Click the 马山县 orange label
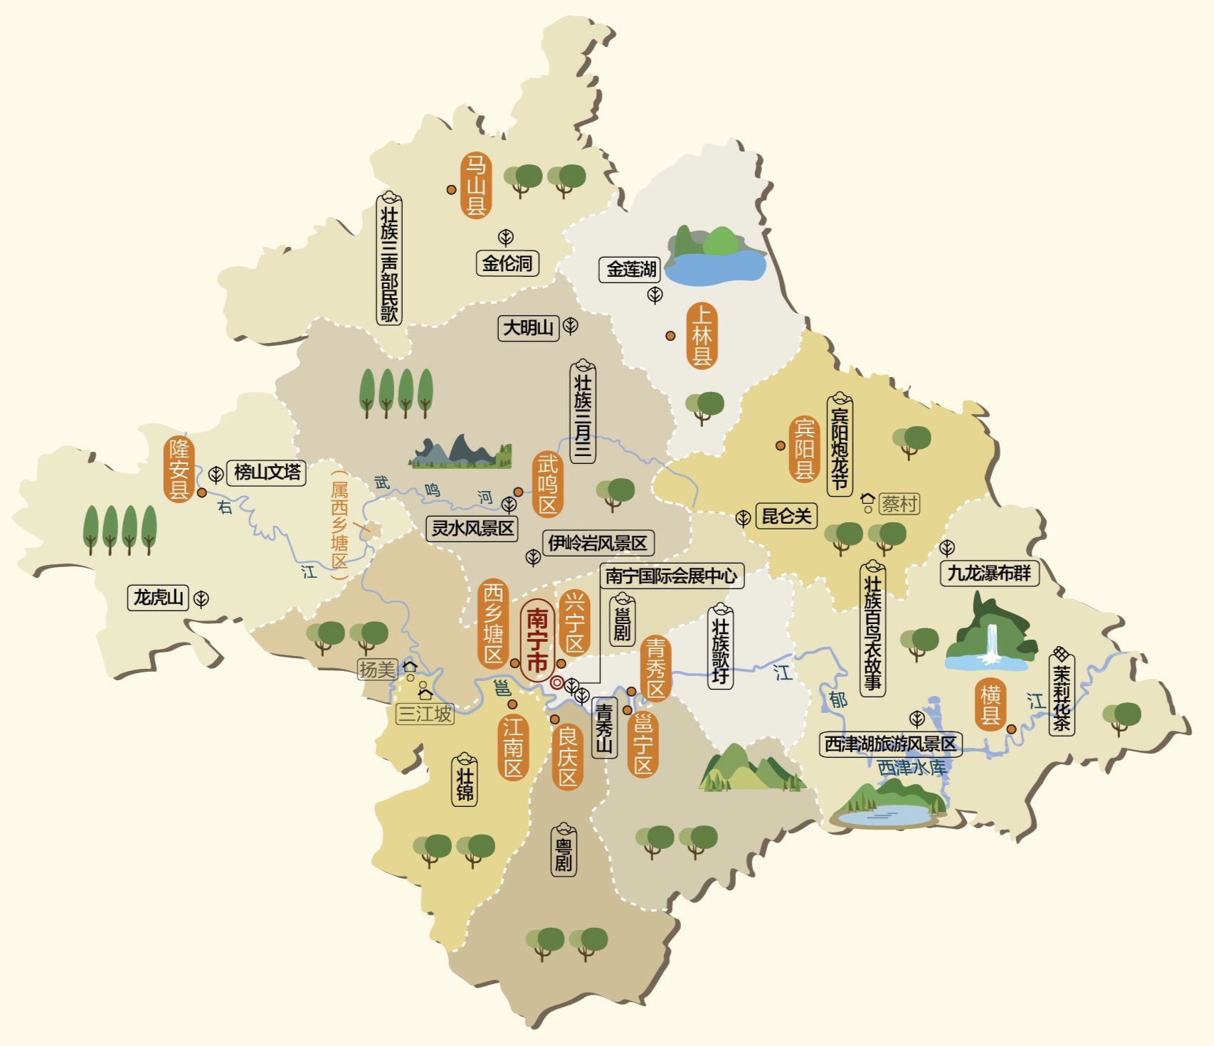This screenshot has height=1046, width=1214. pos(475,185)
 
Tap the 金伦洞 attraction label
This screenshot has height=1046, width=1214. pos(507,263)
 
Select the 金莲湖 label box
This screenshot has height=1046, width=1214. pos(630,270)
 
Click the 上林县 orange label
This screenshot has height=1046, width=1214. pos(702,335)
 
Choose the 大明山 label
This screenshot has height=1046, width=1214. pos(528,328)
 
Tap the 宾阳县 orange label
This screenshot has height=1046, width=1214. pos(804,449)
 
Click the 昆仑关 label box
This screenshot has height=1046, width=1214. pos(786,516)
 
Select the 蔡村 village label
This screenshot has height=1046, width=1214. pos(899,504)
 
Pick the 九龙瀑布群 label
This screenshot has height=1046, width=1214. pos(989,573)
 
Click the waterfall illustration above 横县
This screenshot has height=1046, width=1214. pos(989,637)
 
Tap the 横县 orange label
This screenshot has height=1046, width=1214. pos(991,704)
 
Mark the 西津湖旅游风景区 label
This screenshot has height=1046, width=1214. pos(890,744)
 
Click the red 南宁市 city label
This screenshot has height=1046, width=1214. pos(537,640)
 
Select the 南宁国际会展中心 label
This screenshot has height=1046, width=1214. pos(671,576)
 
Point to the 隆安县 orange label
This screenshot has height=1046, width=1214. pos(179,469)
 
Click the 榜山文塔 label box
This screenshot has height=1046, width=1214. pos(267,472)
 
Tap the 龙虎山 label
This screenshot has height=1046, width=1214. pos(159,597)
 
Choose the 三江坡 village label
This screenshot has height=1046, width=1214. pos(425,714)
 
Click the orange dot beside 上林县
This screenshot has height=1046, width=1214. pos(670,335)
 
